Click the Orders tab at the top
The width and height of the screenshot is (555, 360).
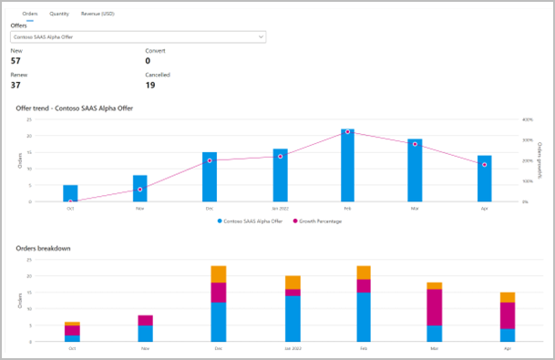tap(29, 15)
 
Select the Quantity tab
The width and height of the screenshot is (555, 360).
tap(59, 15)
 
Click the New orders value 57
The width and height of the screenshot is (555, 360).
tap(16, 60)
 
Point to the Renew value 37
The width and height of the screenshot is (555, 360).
tap(16, 86)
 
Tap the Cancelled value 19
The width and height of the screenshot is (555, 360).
tap(151, 86)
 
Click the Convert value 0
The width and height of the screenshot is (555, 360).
tap(149, 60)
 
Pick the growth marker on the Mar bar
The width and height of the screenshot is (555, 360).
tap(415, 143)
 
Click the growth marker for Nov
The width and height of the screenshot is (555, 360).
tap(139, 190)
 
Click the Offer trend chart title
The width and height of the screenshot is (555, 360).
tap(73, 108)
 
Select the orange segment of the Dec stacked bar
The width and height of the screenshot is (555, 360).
tap(218, 273)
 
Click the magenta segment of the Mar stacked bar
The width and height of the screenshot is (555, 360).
tap(435, 307)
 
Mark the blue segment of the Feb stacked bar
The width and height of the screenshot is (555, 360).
tap(364, 316)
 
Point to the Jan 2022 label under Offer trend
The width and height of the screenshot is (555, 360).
tap(279, 208)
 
